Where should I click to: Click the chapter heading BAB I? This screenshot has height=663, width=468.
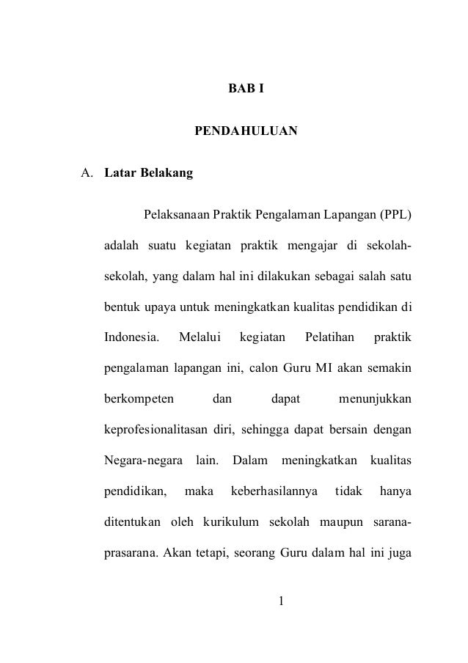coord(246,89)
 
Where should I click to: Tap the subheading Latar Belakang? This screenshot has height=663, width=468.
coord(148,175)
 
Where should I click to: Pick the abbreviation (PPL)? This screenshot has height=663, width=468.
coord(395,216)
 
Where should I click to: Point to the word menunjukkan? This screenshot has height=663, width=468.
coord(375,400)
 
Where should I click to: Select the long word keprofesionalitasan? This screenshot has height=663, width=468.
coord(156,428)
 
